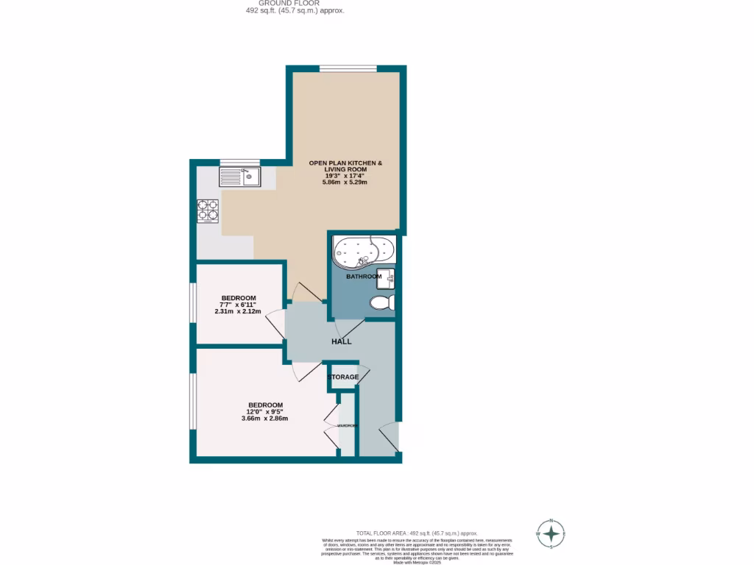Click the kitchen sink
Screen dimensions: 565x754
coord(240,177)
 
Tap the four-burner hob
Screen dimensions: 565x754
coord(208,210)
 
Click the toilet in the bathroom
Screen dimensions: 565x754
coord(383,302)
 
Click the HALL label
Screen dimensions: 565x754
coord(341,341)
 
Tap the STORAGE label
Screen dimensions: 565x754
coord(343,377)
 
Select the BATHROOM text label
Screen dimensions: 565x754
coord(364,277)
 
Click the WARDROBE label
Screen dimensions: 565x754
coord(348,426)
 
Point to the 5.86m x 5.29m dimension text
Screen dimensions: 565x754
coord(345,182)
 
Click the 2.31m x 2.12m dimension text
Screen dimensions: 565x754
coord(238,311)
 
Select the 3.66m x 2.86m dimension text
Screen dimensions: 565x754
coord(264,419)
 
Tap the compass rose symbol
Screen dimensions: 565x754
coord(551,533)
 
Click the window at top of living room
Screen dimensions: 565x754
coord(348,68)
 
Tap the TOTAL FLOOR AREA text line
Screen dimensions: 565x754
coord(417,533)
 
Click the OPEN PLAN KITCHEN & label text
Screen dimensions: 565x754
coord(345,163)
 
